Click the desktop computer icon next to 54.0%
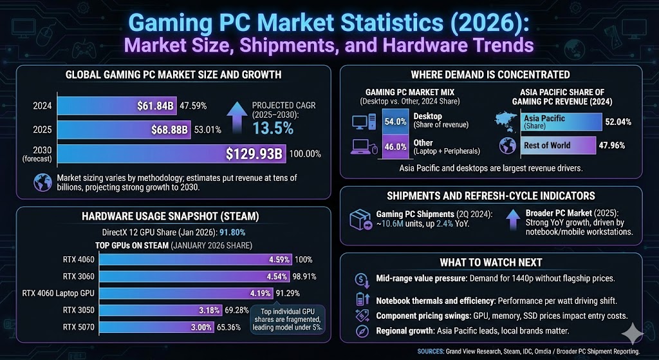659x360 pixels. point(363,121)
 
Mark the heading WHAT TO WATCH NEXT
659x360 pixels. point(490,262)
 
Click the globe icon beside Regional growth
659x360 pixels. point(362,331)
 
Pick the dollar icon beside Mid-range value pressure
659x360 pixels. point(362,280)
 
